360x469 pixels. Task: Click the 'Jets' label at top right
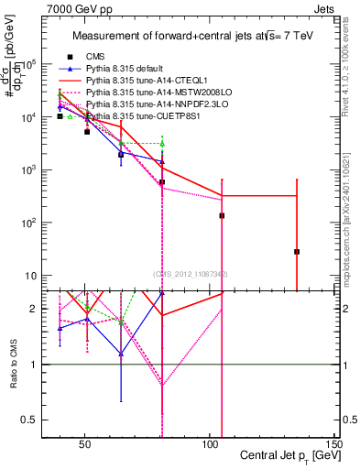tap(325, 8)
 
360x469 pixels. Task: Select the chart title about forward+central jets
tap(192, 36)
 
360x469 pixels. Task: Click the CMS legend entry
tap(96, 57)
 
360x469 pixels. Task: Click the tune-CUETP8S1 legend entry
tap(136, 116)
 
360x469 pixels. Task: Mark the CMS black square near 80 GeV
tap(162, 182)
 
